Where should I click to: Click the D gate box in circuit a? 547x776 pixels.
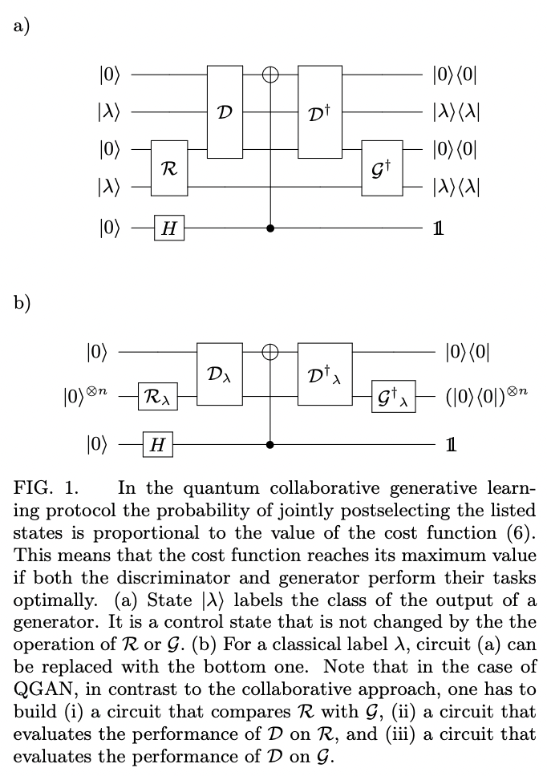click(225, 111)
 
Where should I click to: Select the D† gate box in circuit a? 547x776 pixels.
click(320, 111)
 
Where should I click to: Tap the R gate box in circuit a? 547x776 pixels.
click(169, 168)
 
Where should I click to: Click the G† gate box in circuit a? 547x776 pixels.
click(382, 168)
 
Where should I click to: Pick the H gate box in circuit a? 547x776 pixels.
click(169, 228)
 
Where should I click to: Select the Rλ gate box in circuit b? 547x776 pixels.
click(159, 396)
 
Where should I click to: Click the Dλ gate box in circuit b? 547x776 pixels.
click(219, 374)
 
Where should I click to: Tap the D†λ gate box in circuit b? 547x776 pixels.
click(326, 374)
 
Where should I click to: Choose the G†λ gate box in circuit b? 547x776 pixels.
click(394, 396)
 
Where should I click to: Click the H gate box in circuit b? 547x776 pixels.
click(157, 444)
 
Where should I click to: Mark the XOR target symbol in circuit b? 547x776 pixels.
click(271, 351)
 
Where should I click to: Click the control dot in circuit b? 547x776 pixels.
click(271, 444)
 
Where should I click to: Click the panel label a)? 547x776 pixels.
click(22, 26)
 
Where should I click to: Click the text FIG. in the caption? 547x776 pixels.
click(34, 488)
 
